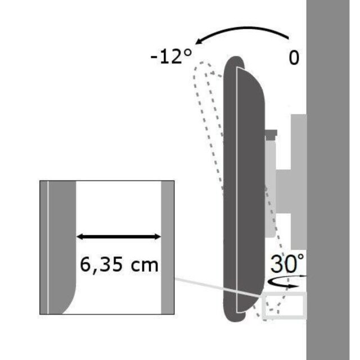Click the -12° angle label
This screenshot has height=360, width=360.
pos(171,56)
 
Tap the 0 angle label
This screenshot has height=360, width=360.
pos(294,58)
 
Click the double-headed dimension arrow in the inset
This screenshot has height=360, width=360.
pos(119,237)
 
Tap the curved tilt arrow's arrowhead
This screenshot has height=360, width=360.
pos(196,42)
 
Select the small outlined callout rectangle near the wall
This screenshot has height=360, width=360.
pos(285,305)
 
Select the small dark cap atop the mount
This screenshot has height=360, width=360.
pos(271,134)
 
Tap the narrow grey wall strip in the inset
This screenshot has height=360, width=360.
pos(168,247)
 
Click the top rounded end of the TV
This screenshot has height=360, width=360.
pos(239,65)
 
